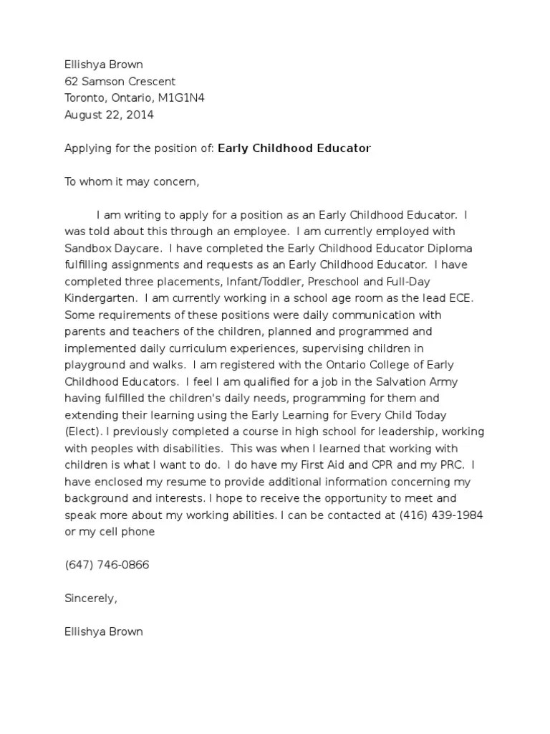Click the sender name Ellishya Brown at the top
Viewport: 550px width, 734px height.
104,65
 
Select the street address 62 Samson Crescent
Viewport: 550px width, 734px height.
120,81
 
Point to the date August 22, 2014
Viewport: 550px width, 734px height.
109,114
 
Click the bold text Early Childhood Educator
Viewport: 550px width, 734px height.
294,148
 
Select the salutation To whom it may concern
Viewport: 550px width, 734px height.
131,181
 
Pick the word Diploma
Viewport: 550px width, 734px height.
450,248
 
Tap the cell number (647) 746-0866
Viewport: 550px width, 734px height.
107,565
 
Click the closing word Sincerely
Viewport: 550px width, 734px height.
90,598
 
